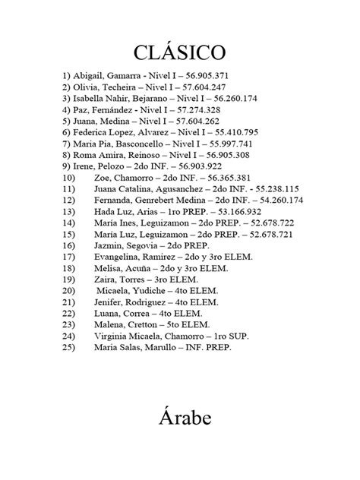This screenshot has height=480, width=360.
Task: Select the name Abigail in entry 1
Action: click(x=89, y=76)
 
